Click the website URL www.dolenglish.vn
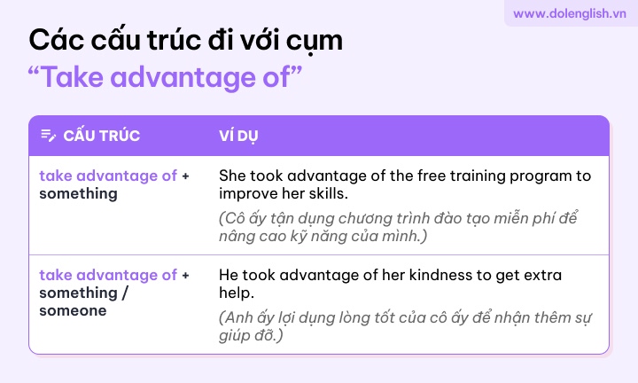(x=569, y=13)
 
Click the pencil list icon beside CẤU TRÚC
(x=49, y=135)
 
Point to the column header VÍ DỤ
(x=238, y=136)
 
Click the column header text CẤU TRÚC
(x=102, y=136)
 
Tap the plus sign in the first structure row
(x=185, y=176)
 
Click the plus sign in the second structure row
(x=185, y=276)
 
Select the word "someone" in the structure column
(x=73, y=310)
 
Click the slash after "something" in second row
(x=125, y=293)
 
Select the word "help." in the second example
(x=237, y=293)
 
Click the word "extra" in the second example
(x=542, y=276)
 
